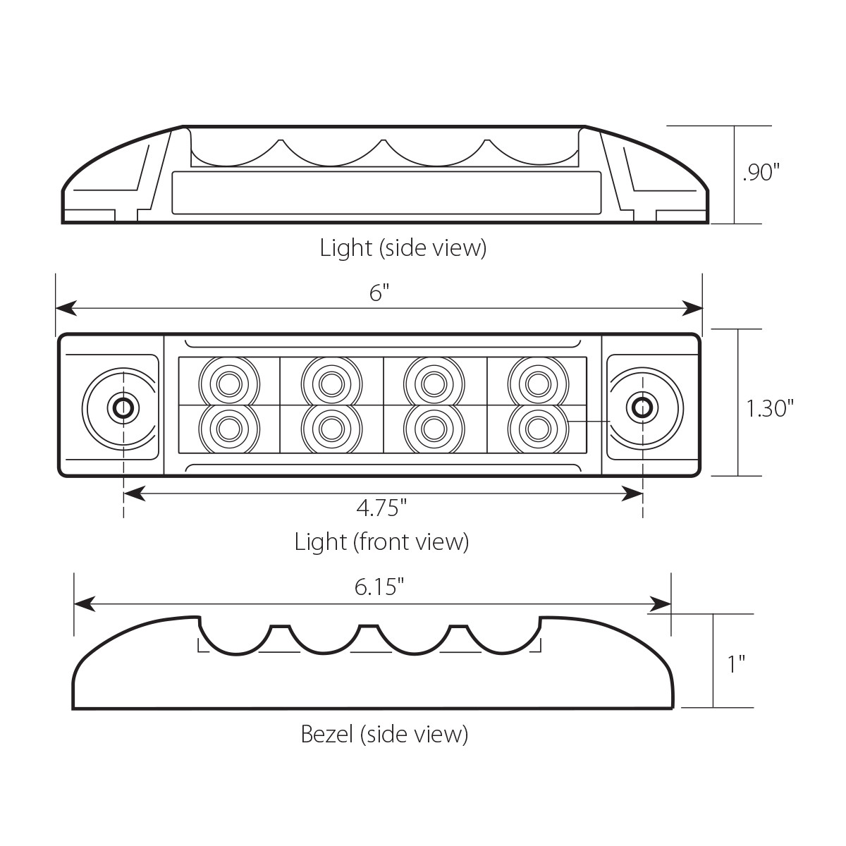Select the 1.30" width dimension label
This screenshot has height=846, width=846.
(771, 407)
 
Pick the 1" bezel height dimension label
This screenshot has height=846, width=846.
(737, 663)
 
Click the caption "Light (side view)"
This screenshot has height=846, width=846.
(403, 248)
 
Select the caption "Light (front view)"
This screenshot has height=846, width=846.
(381, 541)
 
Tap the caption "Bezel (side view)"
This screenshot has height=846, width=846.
(384, 735)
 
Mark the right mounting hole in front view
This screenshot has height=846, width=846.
(641, 407)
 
